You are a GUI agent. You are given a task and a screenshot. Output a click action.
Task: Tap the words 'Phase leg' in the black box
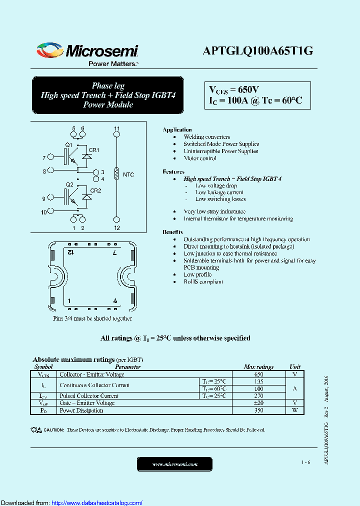click(x=108, y=85)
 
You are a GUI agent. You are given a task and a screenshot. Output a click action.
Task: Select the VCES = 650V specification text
click(x=234, y=90)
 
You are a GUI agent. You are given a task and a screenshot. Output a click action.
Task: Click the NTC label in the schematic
click(x=128, y=174)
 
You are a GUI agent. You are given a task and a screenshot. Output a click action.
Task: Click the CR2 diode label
click(x=95, y=190)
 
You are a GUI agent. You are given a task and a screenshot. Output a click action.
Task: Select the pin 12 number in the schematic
click(x=116, y=228)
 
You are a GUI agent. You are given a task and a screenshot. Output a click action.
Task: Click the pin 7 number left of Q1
click(x=44, y=158)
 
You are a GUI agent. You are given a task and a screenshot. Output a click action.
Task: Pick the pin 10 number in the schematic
click(x=44, y=212)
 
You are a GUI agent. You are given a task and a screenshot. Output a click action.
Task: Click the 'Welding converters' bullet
click(x=206, y=137)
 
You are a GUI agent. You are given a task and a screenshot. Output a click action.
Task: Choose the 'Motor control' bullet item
click(x=200, y=158)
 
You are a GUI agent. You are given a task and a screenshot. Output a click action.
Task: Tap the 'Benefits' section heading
click(x=172, y=232)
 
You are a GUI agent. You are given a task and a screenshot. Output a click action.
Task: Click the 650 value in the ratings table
click(x=258, y=374)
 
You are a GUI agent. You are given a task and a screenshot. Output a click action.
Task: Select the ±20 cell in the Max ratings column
click(x=258, y=403)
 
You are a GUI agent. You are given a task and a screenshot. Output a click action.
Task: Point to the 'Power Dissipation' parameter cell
click(x=81, y=410)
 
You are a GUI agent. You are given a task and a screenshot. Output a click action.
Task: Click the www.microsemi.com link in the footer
click(x=174, y=464)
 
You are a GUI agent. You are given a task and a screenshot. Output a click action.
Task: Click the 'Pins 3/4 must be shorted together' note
click(x=92, y=318)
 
